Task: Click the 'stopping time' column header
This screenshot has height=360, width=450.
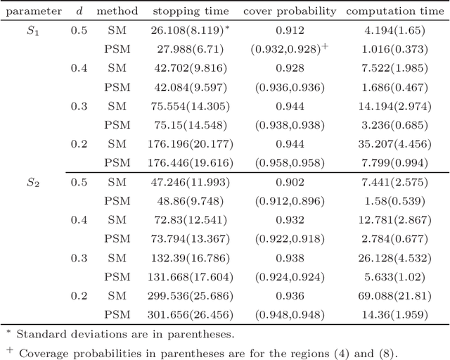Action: pyautogui.click(x=191, y=11)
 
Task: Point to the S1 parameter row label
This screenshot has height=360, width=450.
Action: pyautogui.click(x=33, y=31)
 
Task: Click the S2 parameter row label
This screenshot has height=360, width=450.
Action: pyautogui.click(x=33, y=181)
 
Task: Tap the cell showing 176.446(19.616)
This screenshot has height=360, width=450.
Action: pyautogui.click(x=191, y=162)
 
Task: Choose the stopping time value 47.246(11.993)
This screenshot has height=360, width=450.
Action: pyautogui.click(x=191, y=181)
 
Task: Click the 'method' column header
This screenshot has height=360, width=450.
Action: pyautogui.click(x=117, y=11)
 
